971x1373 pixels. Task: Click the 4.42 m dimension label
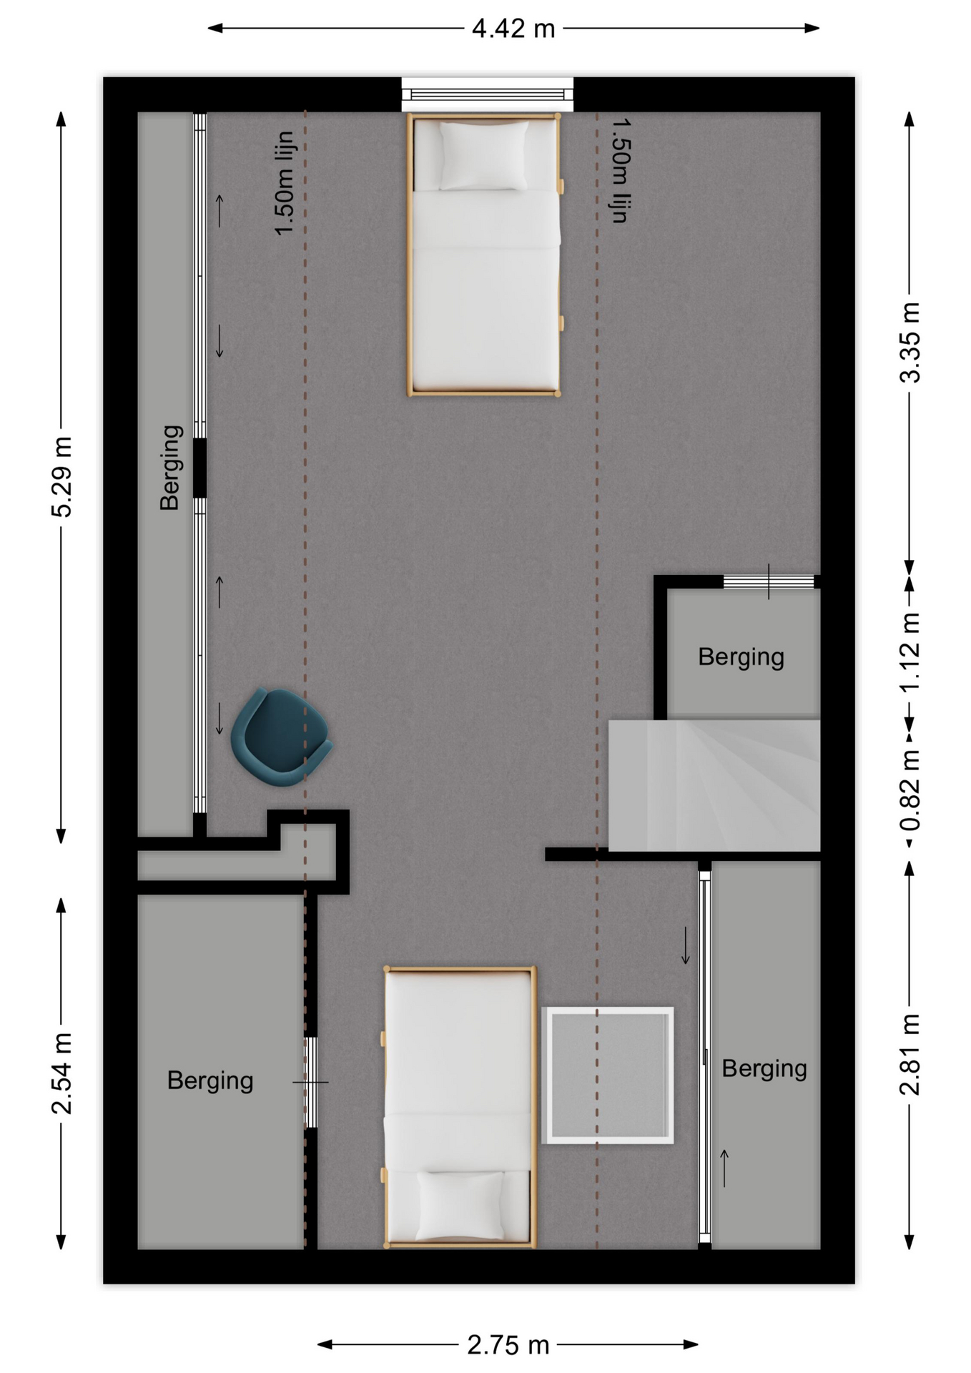(x=513, y=29)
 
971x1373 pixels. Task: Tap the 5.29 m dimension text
(x=62, y=476)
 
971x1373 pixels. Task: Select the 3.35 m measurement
(x=910, y=343)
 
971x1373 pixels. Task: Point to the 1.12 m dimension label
(x=910, y=652)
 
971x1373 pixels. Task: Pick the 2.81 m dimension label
(x=910, y=1055)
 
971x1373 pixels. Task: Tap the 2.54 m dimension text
(x=62, y=1073)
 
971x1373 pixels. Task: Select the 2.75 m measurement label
(x=508, y=1345)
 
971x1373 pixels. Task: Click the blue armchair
(x=280, y=737)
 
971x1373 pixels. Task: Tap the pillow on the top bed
(x=484, y=155)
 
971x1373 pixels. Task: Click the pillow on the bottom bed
(x=460, y=1205)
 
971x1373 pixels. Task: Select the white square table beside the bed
(x=607, y=1075)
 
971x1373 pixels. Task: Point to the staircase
(x=714, y=784)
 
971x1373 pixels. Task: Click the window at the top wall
(x=487, y=94)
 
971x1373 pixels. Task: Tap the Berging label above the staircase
(x=741, y=656)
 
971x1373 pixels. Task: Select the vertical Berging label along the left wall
(x=170, y=468)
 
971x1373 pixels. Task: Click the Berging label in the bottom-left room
(x=210, y=1081)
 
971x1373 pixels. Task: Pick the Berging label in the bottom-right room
(x=764, y=1068)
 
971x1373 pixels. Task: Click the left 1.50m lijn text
(x=284, y=183)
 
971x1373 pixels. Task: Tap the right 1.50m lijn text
(x=621, y=170)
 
